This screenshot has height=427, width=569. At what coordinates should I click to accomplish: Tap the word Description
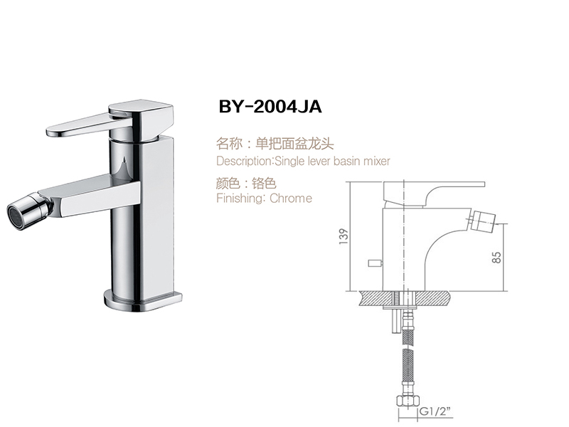click(x=238, y=162)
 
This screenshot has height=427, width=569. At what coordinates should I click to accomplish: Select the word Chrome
click(x=291, y=199)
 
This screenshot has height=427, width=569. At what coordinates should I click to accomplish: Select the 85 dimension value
click(x=496, y=256)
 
